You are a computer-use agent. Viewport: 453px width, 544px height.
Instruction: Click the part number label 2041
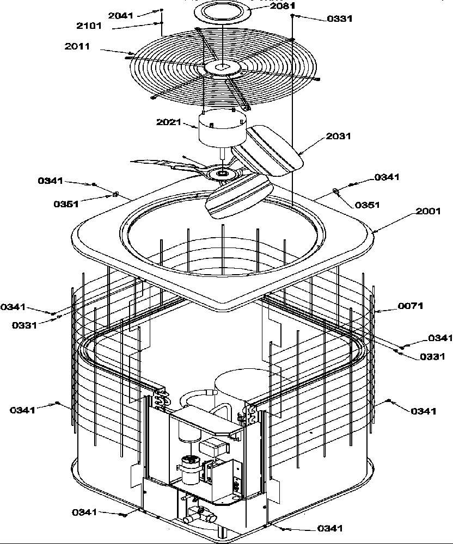[x=120, y=16]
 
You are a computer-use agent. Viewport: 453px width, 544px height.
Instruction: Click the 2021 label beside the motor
[x=169, y=122]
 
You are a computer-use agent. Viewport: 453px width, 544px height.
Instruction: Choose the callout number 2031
[x=339, y=136]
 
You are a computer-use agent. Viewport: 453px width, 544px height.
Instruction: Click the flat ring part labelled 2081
[x=224, y=10]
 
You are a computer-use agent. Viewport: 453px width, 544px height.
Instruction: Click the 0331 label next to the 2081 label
[x=340, y=18]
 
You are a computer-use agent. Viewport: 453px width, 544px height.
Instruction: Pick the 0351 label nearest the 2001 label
[x=368, y=205]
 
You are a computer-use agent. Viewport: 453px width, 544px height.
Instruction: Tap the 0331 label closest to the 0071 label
[x=432, y=356]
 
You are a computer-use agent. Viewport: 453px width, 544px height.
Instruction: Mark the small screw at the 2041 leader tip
[x=162, y=10]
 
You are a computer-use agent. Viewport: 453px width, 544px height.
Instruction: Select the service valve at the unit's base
[x=196, y=514]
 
